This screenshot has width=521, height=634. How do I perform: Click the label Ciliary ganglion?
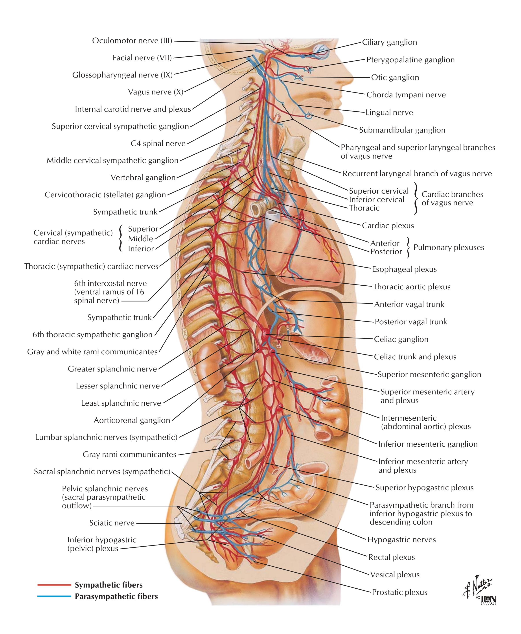coord(389,42)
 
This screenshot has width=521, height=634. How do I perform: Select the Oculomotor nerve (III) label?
coord(132,41)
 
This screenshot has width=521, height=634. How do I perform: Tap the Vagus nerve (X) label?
coord(155,92)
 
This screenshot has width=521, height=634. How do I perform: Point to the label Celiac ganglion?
coord(401,339)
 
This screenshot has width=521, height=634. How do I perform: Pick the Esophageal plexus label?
coord(404,269)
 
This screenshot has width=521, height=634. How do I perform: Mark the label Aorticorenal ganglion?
coord(132,420)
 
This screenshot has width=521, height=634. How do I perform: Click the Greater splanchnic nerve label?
coord(112,369)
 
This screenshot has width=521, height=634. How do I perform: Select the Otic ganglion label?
coord(395,78)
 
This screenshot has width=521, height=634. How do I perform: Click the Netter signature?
coord(477,586)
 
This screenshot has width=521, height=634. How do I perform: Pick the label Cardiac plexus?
coord(388,226)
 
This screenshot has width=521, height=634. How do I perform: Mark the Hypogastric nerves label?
coord(401,540)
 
